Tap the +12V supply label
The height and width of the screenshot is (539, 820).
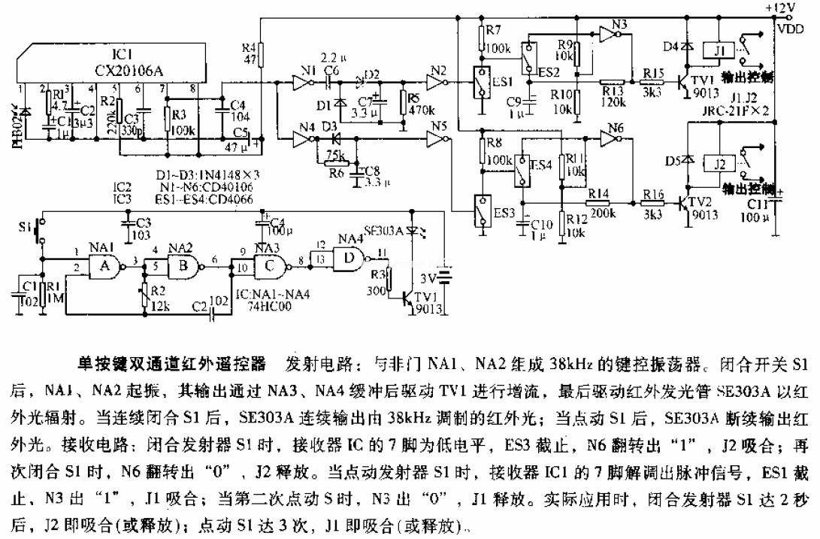(782, 8)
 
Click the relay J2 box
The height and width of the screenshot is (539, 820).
(720, 162)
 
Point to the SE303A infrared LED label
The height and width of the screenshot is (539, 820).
(383, 230)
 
